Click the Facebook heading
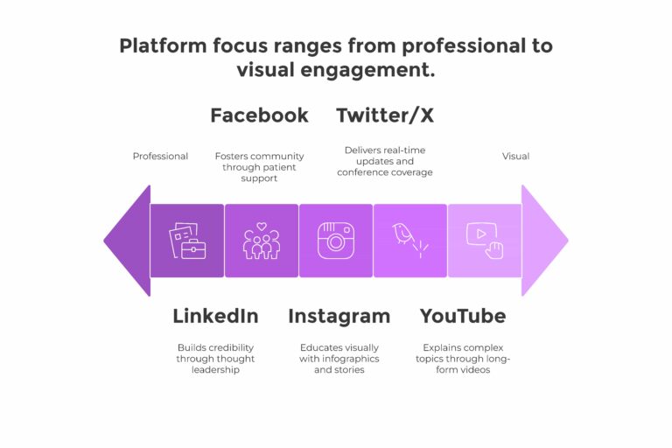pos(259,115)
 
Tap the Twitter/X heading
pos(385,115)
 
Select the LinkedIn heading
pos(215,317)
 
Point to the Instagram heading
pos(339,317)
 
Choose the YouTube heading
pos(463,317)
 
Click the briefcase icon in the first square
pos(187,241)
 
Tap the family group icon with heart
pos(262,241)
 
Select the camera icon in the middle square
pos(336,241)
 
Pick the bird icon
pos(410,240)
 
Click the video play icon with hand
pos(485,241)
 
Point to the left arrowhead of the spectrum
pos(127,241)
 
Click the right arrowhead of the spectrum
pos(545,241)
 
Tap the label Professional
pos(160,156)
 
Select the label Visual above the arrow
pos(515,156)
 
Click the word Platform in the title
pos(163,45)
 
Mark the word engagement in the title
pos(367,70)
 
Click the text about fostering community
pos(259,167)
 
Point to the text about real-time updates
pos(385,161)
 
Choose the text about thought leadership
pos(215,359)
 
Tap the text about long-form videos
pos(463,359)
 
